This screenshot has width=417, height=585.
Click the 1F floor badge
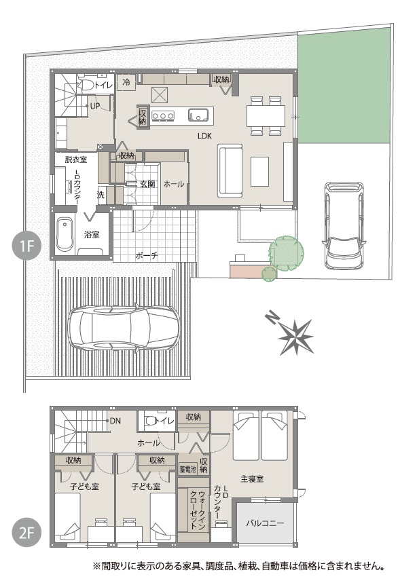coord(27,246)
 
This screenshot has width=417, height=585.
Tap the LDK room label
coord(204,136)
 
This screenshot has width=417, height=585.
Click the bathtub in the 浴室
coord(65,235)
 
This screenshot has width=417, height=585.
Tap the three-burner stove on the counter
coord(163,116)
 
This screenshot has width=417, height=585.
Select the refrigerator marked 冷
coord(126,81)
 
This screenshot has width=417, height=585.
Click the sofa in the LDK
coord(230,171)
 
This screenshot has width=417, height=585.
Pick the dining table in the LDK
coord(266,115)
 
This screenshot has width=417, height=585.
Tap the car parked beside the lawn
coord(344,225)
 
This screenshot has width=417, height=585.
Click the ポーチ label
coord(146,256)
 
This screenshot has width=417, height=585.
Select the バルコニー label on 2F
coord(265,523)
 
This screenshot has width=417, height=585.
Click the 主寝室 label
coord(252,478)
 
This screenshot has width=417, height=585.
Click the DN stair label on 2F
coord(115,421)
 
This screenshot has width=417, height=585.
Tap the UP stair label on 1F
coord(95,106)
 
